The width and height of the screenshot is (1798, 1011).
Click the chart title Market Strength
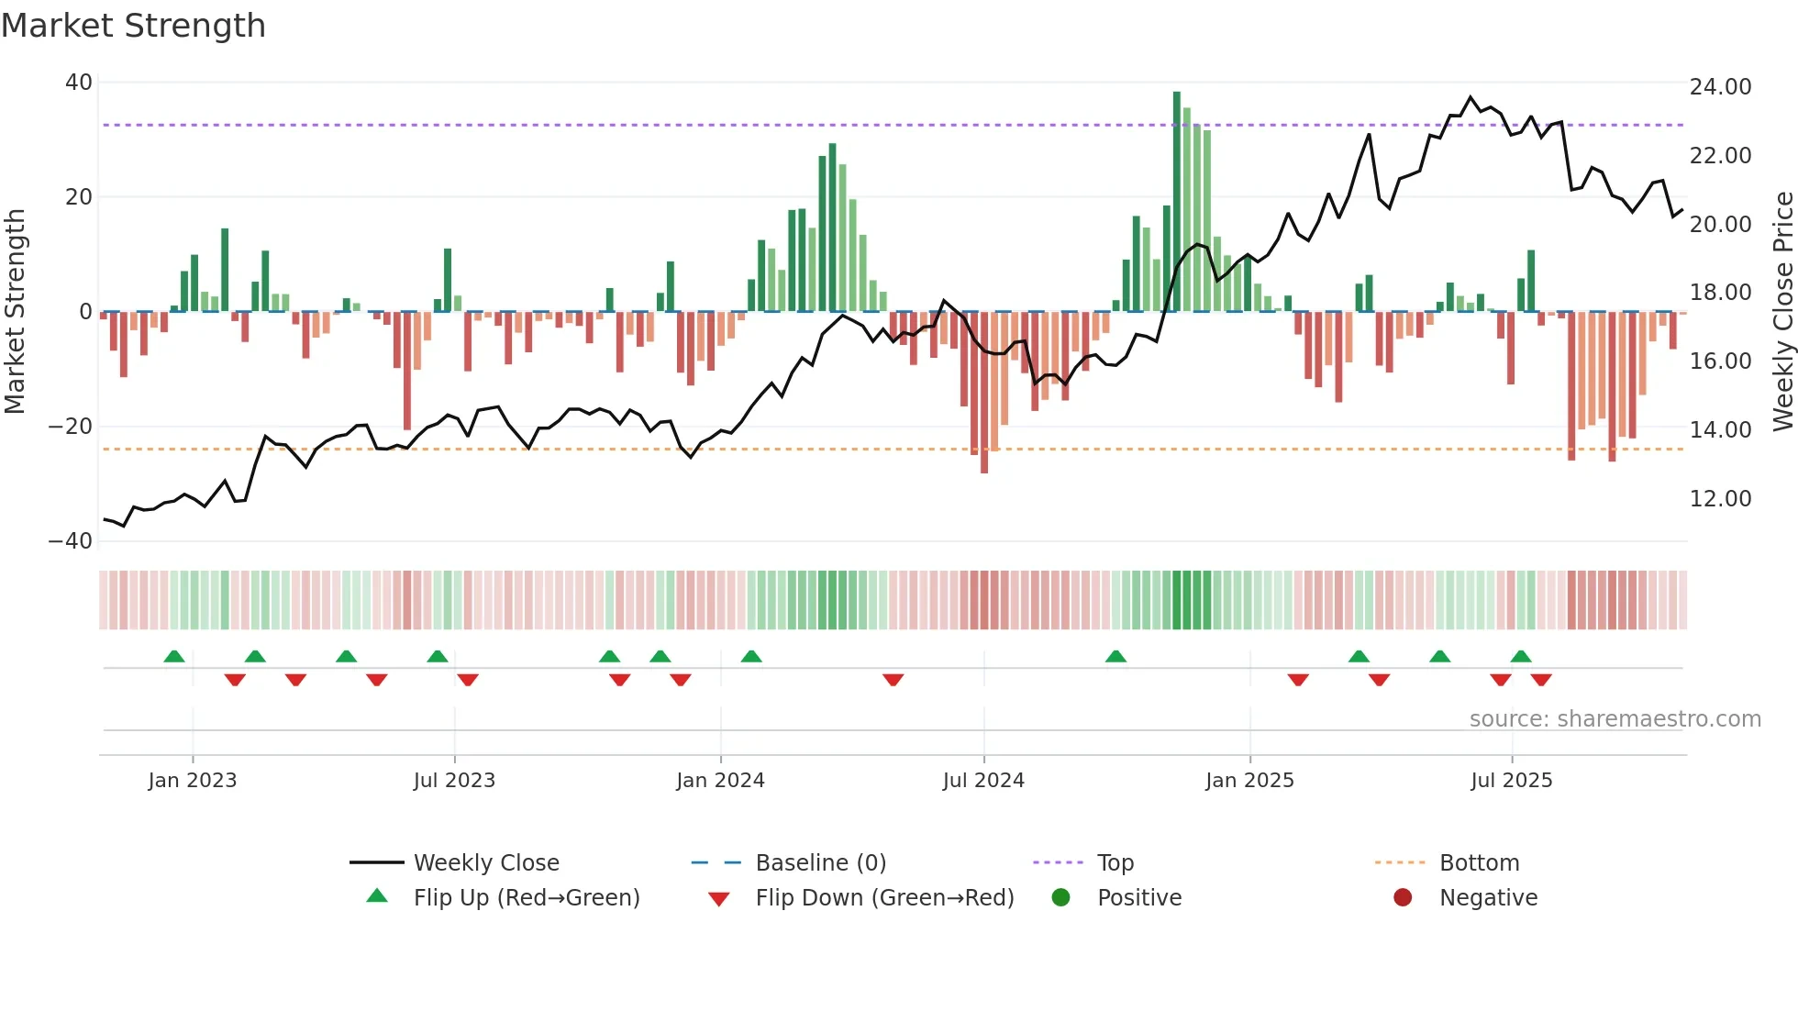pos(133,26)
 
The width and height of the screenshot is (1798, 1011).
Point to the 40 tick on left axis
pos(79,83)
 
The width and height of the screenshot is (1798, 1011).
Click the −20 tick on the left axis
pos(71,427)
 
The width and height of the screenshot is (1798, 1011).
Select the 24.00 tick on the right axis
pos(1720,87)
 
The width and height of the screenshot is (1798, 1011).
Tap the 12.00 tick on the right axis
pos(1720,499)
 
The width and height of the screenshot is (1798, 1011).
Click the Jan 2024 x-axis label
pos(720,781)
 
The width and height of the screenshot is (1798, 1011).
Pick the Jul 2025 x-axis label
pos(1511,781)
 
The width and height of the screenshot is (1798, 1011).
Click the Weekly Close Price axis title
pos(1782,312)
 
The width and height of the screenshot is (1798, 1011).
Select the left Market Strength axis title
pos(16,312)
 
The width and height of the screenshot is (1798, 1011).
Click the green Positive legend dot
pos(1060,898)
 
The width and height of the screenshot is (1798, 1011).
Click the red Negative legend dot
pos(1403,898)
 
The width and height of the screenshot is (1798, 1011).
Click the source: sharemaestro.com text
pos(1615,719)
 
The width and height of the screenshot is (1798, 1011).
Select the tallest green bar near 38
pos(1177,202)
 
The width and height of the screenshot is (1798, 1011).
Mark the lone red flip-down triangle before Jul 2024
pos(893,680)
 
